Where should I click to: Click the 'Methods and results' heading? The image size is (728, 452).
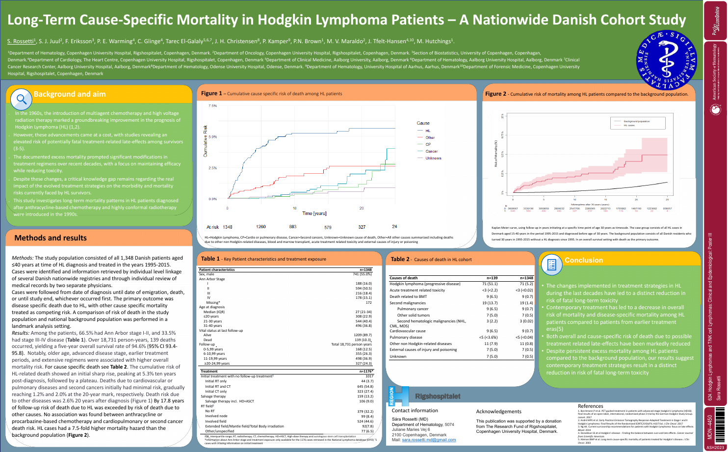pos(51,238)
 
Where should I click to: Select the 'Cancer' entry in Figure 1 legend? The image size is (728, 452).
pos(431,151)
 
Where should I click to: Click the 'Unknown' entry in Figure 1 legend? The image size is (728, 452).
pos(433,158)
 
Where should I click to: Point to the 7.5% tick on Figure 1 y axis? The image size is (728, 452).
pos(212,106)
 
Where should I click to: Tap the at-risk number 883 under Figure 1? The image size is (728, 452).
pos(292,227)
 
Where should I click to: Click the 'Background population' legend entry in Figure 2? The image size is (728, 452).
pos(636,121)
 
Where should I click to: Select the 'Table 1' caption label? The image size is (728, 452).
pos(210,259)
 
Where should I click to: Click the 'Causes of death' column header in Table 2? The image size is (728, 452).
pos(403,278)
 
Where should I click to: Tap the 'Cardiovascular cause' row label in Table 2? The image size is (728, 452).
pos(408,331)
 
